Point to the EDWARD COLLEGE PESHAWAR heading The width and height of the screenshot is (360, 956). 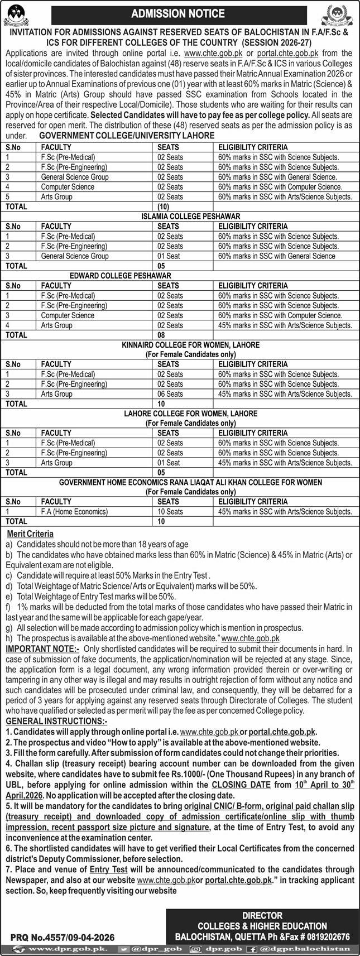(x=120, y=276)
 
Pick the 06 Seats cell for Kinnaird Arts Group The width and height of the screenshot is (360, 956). (x=170, y=393)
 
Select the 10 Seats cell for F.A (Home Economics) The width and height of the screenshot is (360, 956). (x=170, y=511)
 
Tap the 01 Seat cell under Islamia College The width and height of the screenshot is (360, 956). (x=168, y=256)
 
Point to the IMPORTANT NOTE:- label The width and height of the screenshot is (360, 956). (x=42, y=648)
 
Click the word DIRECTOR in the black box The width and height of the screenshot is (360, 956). (x=262, y=915)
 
